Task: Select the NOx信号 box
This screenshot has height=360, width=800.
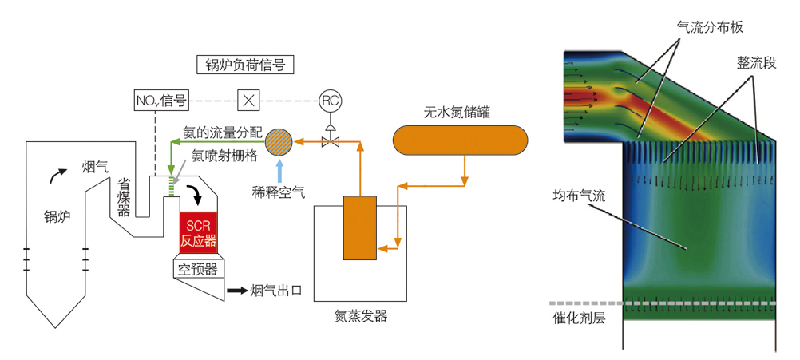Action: click(160, 101)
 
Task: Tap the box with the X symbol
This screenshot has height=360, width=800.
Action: click(249, 101)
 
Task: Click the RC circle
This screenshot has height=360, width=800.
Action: click(330, 101)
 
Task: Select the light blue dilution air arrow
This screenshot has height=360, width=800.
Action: click(279, 169)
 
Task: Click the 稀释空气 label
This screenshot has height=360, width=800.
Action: click(279, 190)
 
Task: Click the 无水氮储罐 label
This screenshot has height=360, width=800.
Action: click(457, 113)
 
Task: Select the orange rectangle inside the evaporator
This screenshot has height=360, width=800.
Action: click(360, 227)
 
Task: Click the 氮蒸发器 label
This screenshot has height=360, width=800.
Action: click(361, 316)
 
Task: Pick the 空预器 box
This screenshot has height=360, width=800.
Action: click(198, 269)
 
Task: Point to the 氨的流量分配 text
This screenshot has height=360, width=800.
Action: click(221, 130)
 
